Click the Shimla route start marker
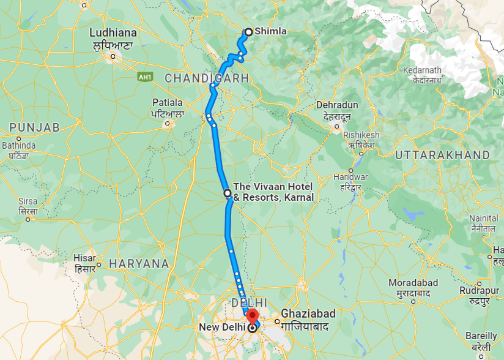point(248,32)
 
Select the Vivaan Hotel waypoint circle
point(228,193)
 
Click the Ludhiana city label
point(113,32)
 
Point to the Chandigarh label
point(207,78)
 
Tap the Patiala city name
point(168,102)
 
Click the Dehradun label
point(337,105)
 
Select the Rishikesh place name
point(361,135)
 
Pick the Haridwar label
point(350,176)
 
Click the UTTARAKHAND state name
point(442,156)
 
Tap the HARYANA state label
point(138,264)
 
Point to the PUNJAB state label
point(34,127)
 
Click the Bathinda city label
point(19,146)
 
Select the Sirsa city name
point(28,201)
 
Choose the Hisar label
point(84,258)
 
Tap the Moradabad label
point(413,283)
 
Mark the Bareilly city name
point(481,336)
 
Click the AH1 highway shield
point(144,77)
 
